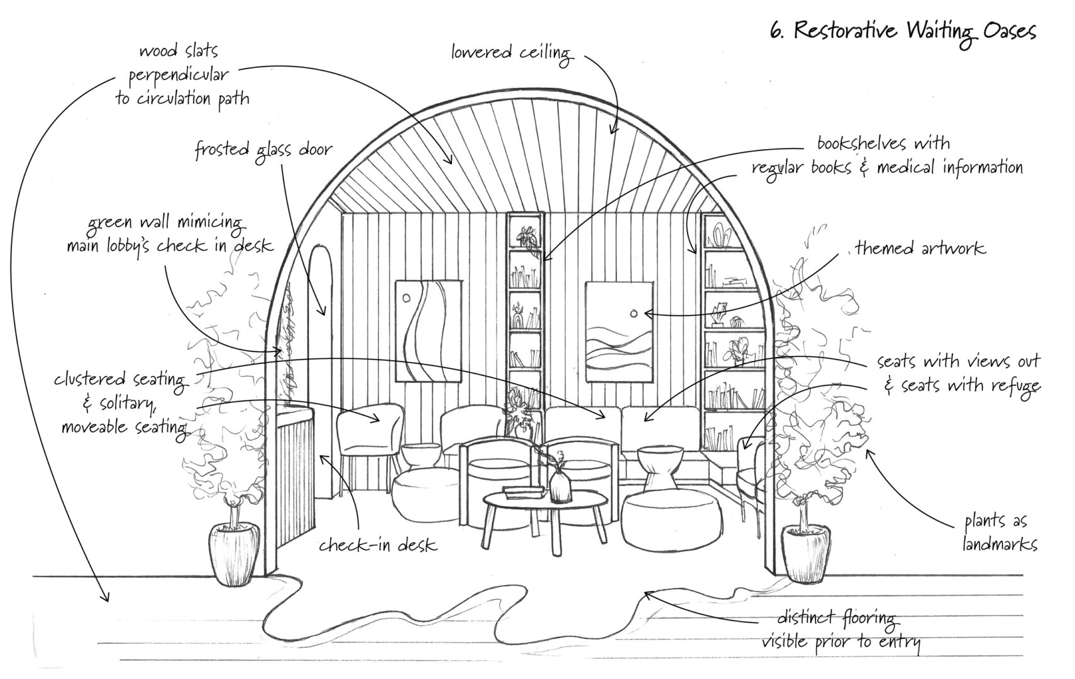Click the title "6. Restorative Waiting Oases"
(x=903, y=31)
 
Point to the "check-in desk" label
(x=377, y=544)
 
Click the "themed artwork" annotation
(x=920, y=248)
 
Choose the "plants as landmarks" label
(x=1000, y=532)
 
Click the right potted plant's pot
(x=805, y=553)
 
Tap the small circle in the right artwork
(x=633, y=312)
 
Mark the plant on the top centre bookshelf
(x=524, y=236)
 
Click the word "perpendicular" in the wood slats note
(x=179, y=75)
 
